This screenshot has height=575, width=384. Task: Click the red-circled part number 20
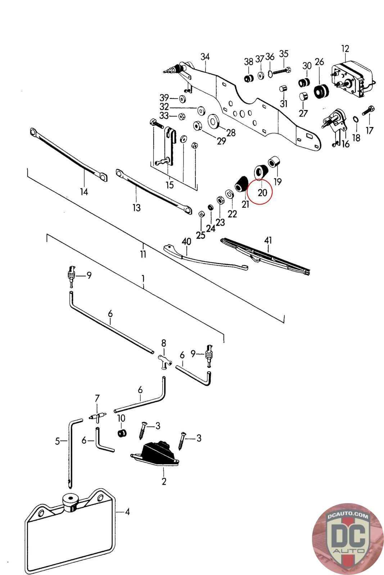pos(262,193)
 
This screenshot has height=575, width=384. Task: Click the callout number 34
pos(205,57)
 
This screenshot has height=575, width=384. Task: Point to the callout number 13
pos(136,208)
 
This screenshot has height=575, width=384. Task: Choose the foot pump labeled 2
pos(157,454)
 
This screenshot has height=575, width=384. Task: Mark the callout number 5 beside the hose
pos(57,441)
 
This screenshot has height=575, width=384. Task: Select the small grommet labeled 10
pos(122,433)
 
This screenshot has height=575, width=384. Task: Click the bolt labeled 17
pos(369,111)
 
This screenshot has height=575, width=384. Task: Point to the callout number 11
pos(143,254)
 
